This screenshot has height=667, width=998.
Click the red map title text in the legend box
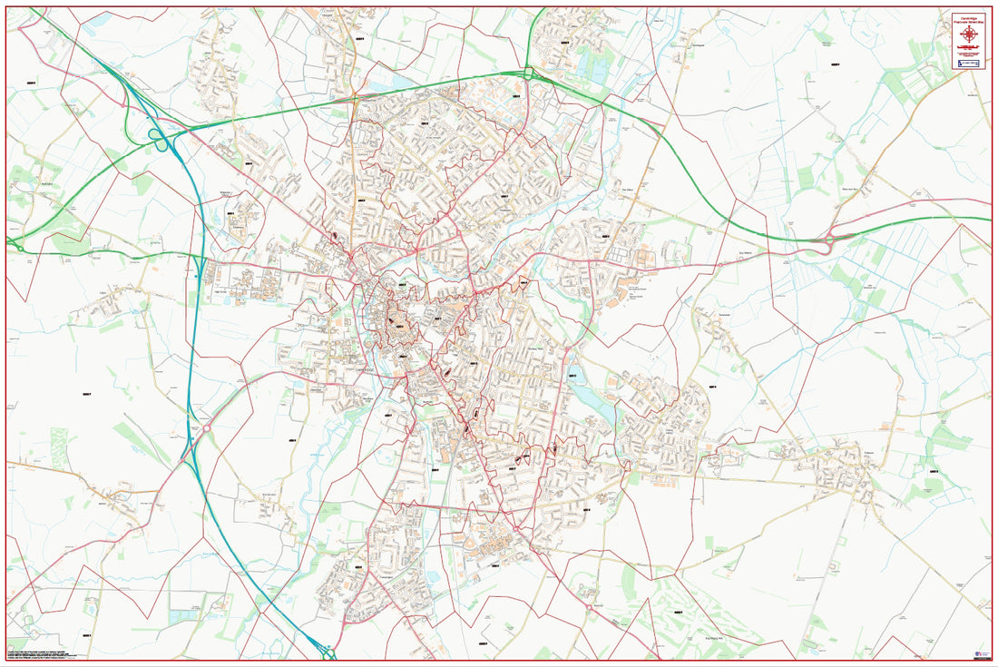pos(970,20)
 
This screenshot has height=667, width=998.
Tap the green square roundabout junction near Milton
pos(527,73)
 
